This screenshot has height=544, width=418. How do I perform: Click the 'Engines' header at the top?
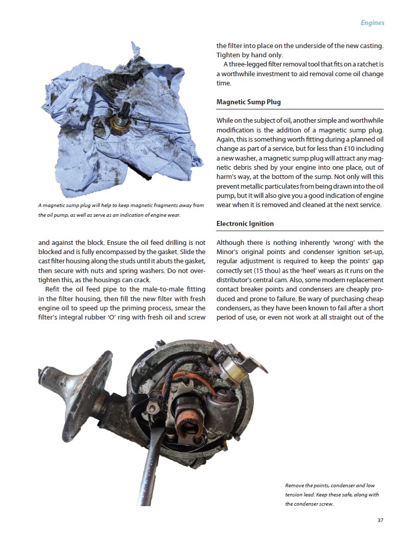click(x=372, y=22)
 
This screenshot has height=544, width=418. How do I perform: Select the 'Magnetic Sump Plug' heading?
click(x=248, y=102)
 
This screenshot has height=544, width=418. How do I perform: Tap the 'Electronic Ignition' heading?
click(x=245, y=223)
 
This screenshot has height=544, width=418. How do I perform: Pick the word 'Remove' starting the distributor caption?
click(x=295, y=485)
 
